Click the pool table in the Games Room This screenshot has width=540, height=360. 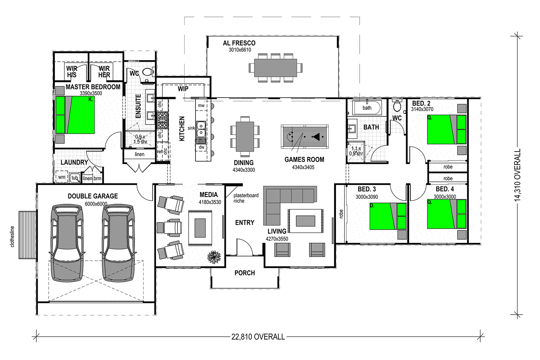[305, 136]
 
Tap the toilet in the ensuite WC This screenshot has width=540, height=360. [148, 72]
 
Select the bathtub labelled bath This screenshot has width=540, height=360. [367, 108]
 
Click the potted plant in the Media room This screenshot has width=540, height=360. [213, 257]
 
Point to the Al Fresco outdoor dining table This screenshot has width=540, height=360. [275, 68]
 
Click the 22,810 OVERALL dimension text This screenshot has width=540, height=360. [258, 337]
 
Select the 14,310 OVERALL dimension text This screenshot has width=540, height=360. [518, 175]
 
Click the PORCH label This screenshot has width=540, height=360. [245, 273]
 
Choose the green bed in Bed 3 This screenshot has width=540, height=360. [388, 216]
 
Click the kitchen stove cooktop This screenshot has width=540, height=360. [162, 120]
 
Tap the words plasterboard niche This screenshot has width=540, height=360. [246, 198]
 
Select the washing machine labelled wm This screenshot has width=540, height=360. [62, 177]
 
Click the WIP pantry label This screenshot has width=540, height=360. [183, 89]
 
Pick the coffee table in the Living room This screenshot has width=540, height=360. [305, 221]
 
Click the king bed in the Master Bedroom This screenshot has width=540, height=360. [75, 115]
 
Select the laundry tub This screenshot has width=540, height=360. [74, 178]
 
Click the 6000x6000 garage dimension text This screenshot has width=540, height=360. [96, 204]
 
